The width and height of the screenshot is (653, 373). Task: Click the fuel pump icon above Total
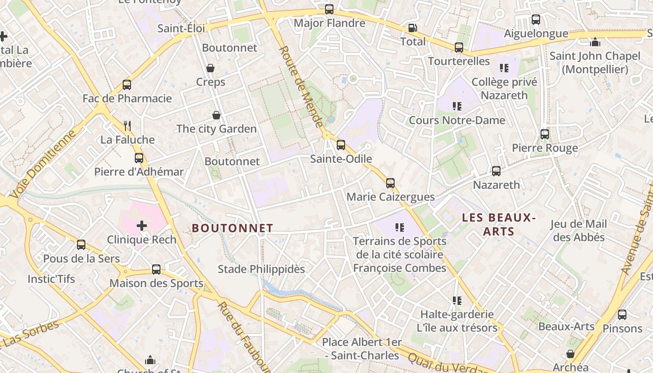412,28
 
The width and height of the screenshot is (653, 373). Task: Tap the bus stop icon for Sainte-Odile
341,145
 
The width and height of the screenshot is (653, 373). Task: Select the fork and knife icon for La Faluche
127,126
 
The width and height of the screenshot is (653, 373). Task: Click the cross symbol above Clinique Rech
142,226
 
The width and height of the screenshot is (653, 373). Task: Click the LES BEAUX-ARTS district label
498,224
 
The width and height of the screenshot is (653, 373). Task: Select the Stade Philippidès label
261,269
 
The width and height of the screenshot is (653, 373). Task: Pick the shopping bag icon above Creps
210,69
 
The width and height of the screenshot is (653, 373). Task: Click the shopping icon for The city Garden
216,115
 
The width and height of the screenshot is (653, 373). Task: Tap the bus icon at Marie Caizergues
390,183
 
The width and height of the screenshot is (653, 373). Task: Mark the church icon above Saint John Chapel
595,42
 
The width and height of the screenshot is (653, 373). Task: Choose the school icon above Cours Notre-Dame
457,106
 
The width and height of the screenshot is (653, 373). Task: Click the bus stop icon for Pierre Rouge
544,134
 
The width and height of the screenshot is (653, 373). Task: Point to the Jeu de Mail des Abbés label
578,230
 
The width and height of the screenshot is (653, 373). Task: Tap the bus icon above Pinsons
622,315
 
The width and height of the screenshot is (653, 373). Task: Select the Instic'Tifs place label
51,279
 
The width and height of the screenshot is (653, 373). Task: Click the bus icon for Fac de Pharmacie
127,85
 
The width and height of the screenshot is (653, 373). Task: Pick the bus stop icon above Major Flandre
329,9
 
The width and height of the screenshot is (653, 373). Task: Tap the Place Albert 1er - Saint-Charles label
362,349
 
